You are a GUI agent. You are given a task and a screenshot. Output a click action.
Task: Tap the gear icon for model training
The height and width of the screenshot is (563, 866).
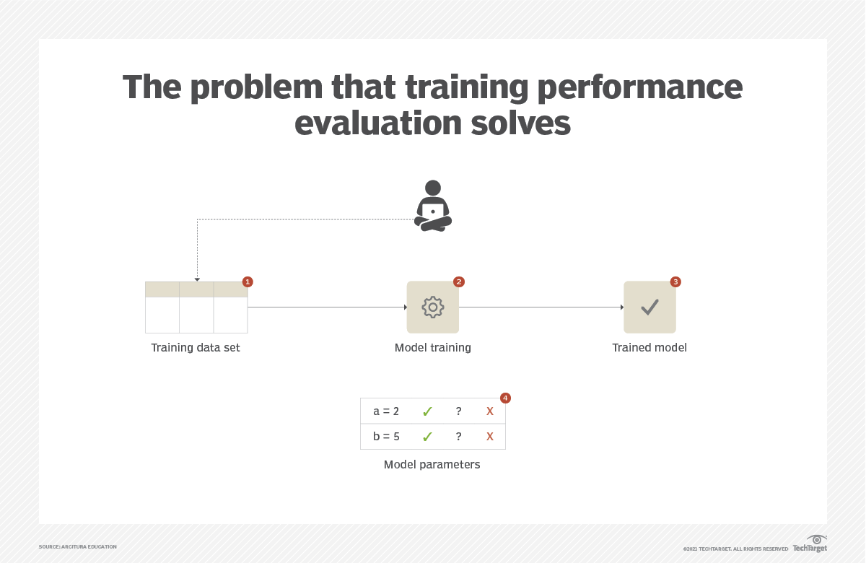tap(432, 307)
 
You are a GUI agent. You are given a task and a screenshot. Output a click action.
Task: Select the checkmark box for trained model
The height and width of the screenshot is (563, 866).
tap(649, 307)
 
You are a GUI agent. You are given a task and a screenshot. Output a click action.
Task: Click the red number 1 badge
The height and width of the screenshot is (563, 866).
tap(248, 281)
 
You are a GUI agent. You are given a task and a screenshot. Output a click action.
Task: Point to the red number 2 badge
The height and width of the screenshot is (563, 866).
tap(458, 281)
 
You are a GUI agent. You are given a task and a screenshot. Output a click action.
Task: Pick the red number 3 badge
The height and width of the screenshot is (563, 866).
tap(675, 281)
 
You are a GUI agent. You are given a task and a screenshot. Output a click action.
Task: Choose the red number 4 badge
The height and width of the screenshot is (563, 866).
tap(505, 398)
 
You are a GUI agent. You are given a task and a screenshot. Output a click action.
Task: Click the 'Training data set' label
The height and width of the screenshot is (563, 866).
tap(196, 348)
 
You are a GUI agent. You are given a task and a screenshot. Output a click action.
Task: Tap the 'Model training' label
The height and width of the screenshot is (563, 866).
tap(432, 348)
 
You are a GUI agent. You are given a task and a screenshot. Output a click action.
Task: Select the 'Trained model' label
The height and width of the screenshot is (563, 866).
tap(649, 348)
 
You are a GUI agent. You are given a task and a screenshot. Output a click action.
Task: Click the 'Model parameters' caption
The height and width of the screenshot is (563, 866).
tap(432, 465)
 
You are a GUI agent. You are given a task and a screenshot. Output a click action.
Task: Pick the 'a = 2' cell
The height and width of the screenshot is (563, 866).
tap(386, 411)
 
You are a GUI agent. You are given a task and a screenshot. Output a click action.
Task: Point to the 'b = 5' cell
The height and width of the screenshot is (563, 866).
tap(386, 437)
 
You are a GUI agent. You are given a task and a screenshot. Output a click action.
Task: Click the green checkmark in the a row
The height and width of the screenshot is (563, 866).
tap(427, 411)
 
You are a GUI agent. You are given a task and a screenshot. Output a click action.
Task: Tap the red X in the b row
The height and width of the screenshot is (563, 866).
tap(490, 437)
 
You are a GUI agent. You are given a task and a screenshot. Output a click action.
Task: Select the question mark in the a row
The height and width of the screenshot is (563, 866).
tap(458, 411)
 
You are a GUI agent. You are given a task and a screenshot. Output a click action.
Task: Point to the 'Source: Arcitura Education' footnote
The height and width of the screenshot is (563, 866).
tap(77, 547)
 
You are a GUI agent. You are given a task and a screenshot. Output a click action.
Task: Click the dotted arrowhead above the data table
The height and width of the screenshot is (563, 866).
tap(197, 279)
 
